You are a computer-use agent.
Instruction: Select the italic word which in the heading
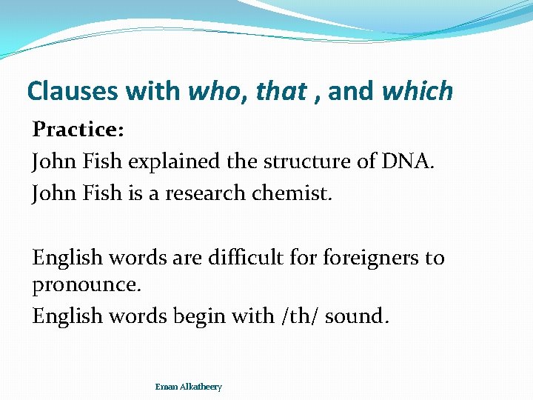(x=418, y=91)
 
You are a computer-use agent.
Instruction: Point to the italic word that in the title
(x=281, y=91)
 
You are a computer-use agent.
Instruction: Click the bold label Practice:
(x=78, y=130)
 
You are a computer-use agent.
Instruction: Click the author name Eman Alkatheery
(x=188, y=387)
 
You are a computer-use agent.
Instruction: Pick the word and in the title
(x=350, y=91)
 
